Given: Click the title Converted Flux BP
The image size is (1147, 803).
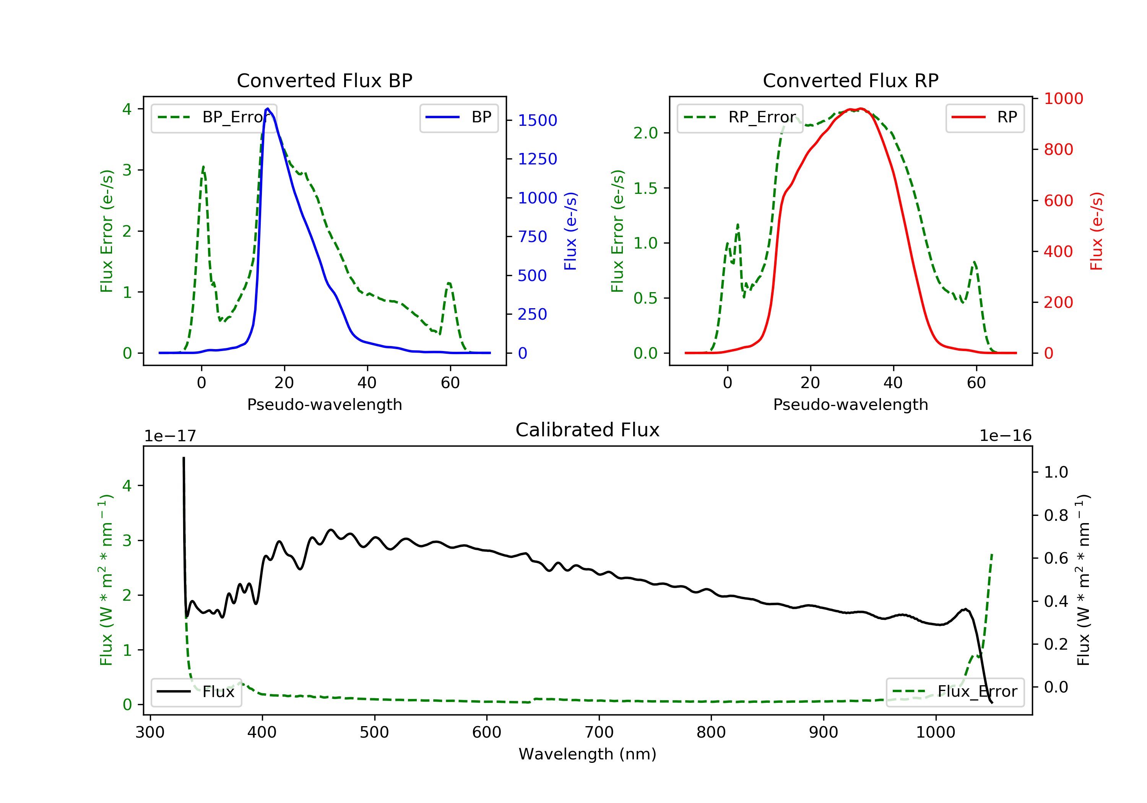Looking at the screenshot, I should (324, 80).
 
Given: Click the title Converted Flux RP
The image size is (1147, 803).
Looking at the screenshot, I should (850, 80).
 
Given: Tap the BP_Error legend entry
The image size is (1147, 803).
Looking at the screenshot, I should (214, 117).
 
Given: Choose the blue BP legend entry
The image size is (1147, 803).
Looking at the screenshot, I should (458, 117).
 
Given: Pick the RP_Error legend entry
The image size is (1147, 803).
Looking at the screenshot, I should (740, 117).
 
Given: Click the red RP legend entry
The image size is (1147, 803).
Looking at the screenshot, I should (985, 117).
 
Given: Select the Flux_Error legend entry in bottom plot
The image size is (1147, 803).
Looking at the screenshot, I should (955, 692).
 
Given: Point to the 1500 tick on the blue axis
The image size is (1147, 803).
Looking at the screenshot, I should (537, 120).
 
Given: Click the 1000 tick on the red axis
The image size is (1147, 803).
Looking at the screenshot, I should (1063, 98).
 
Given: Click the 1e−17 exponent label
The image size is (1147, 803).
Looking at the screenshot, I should (170, 436).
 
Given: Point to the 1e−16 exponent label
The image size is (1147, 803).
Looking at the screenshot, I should (1005, 436).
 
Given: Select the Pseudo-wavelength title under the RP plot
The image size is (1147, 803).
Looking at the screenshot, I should (850, 404).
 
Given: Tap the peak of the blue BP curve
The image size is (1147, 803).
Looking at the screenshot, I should (268, 109).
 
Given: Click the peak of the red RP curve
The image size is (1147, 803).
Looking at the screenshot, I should (859, 109).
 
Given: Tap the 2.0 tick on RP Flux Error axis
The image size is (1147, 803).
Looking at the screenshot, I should (645, 133).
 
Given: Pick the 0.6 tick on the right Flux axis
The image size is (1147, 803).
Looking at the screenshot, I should (1056, 558).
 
